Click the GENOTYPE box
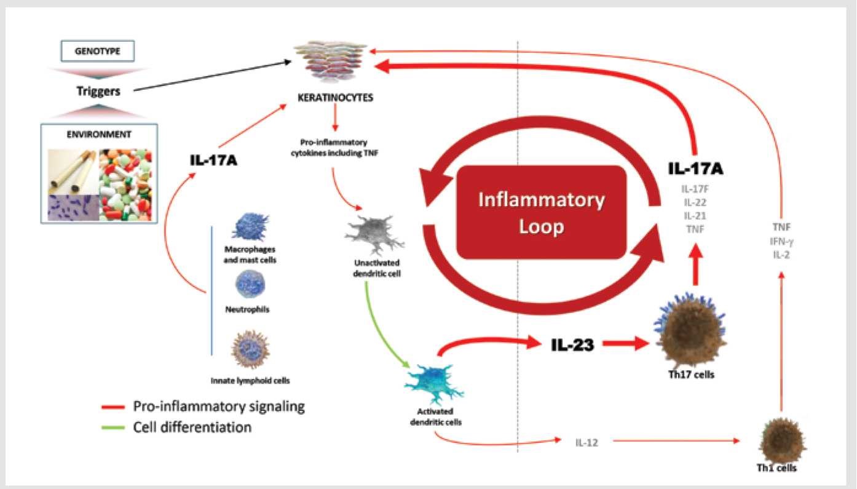(98, 51)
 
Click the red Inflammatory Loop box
(540, 213)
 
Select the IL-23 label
(572, 345)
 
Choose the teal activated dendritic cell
(432, 383)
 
